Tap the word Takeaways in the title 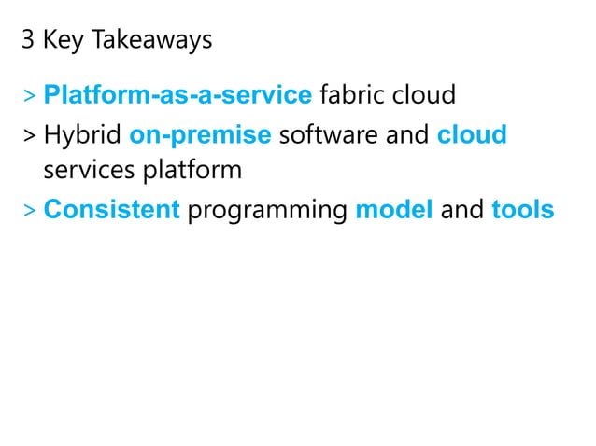[x=150, y=42]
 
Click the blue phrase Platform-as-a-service [x=177, y=95]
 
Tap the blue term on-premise [x=200, y=134]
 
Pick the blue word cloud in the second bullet [x=472, y=134]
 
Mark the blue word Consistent [x=111, y=210]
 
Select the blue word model [x=394, y=210]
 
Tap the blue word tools [x=522, y=210]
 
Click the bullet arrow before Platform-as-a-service [x=31, y=96]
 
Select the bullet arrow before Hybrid [x=31, y=136]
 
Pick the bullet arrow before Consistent [x=31, y=212]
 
